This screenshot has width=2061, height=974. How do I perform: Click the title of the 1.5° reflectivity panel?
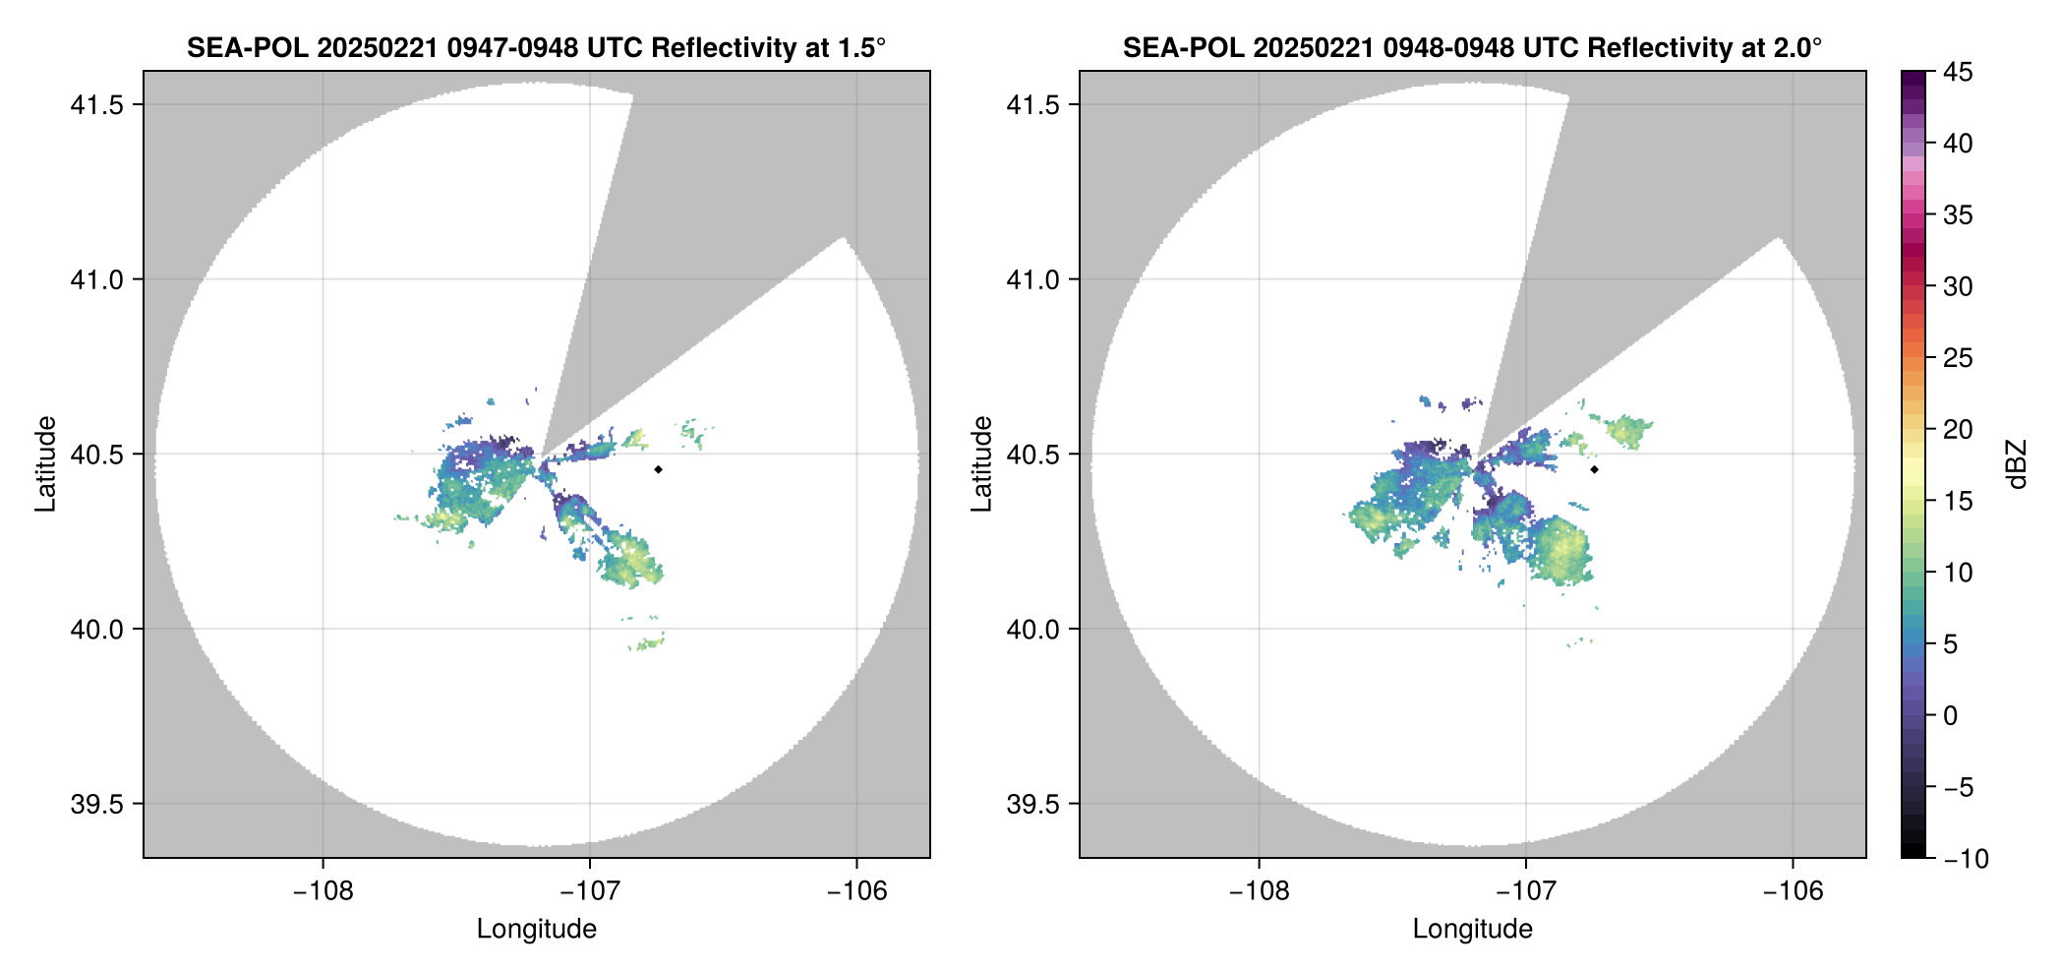[x=536, y=47]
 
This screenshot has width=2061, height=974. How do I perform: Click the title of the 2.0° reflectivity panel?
[x=1472, y=47]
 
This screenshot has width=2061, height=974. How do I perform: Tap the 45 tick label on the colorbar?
[x=1958, y=73]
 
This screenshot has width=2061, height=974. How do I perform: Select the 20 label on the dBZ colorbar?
[x=1958, y=430]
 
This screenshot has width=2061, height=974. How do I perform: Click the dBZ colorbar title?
[x=2017, y=464]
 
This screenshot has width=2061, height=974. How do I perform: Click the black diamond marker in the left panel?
[x=658, y=469]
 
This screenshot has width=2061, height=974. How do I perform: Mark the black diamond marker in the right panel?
[x=1594, y=469]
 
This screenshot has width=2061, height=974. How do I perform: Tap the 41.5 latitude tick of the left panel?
[x=96, y=105]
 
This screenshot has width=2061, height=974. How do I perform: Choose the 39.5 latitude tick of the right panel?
[x=1032, y=804]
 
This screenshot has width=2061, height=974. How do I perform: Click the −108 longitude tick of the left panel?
[x=323, y=891]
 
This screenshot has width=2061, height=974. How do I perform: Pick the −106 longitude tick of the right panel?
[x=1794, y=891]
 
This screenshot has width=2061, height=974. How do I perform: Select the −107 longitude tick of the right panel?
[x=1526, y=891]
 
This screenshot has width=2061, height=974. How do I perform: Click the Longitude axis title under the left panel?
[x=537, y=929]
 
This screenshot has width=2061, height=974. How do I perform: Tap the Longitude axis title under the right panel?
[x=1473, y=929]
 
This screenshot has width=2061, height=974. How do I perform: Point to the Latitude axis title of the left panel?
[x=45, y=464]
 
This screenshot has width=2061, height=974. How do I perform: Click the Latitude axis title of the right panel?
[x=981, y=464]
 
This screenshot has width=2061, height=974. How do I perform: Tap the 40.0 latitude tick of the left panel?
[x=96, y=630]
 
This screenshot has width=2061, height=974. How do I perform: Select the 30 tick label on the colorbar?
[x=1958, y=287]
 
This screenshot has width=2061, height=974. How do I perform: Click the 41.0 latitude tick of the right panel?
[x=1032, y=280]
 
